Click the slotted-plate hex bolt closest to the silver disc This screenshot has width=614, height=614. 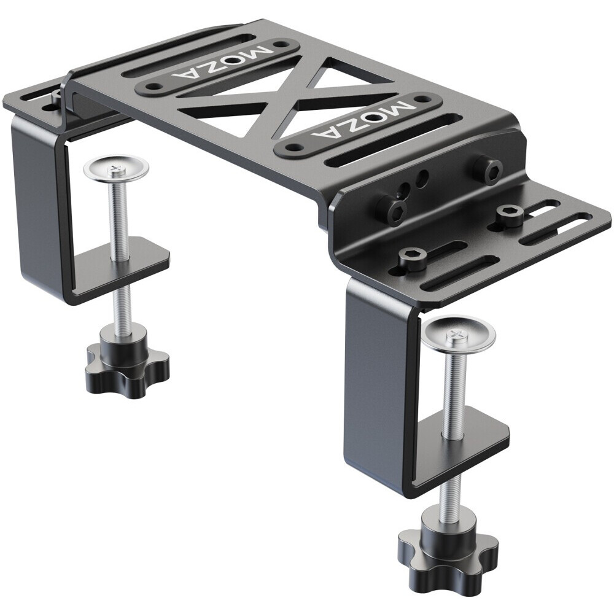click(x=411, y=258)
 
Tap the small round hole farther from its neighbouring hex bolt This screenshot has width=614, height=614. click(x=422, y=179)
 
